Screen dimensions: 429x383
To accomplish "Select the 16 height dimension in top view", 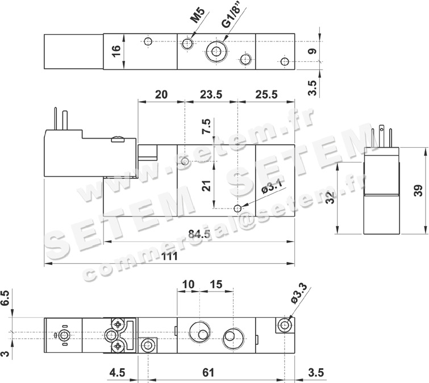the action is (116, 51).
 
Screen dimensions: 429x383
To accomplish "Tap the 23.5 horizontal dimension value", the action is (211, 95).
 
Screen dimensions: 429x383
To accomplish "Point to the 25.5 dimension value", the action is (266, 95).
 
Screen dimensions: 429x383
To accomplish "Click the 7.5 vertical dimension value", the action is (206, 126).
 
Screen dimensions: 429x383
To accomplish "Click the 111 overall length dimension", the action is (170, 256).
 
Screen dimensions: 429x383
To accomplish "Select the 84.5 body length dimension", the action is (199, 234).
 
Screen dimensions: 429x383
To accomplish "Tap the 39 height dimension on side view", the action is (418, 191).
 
